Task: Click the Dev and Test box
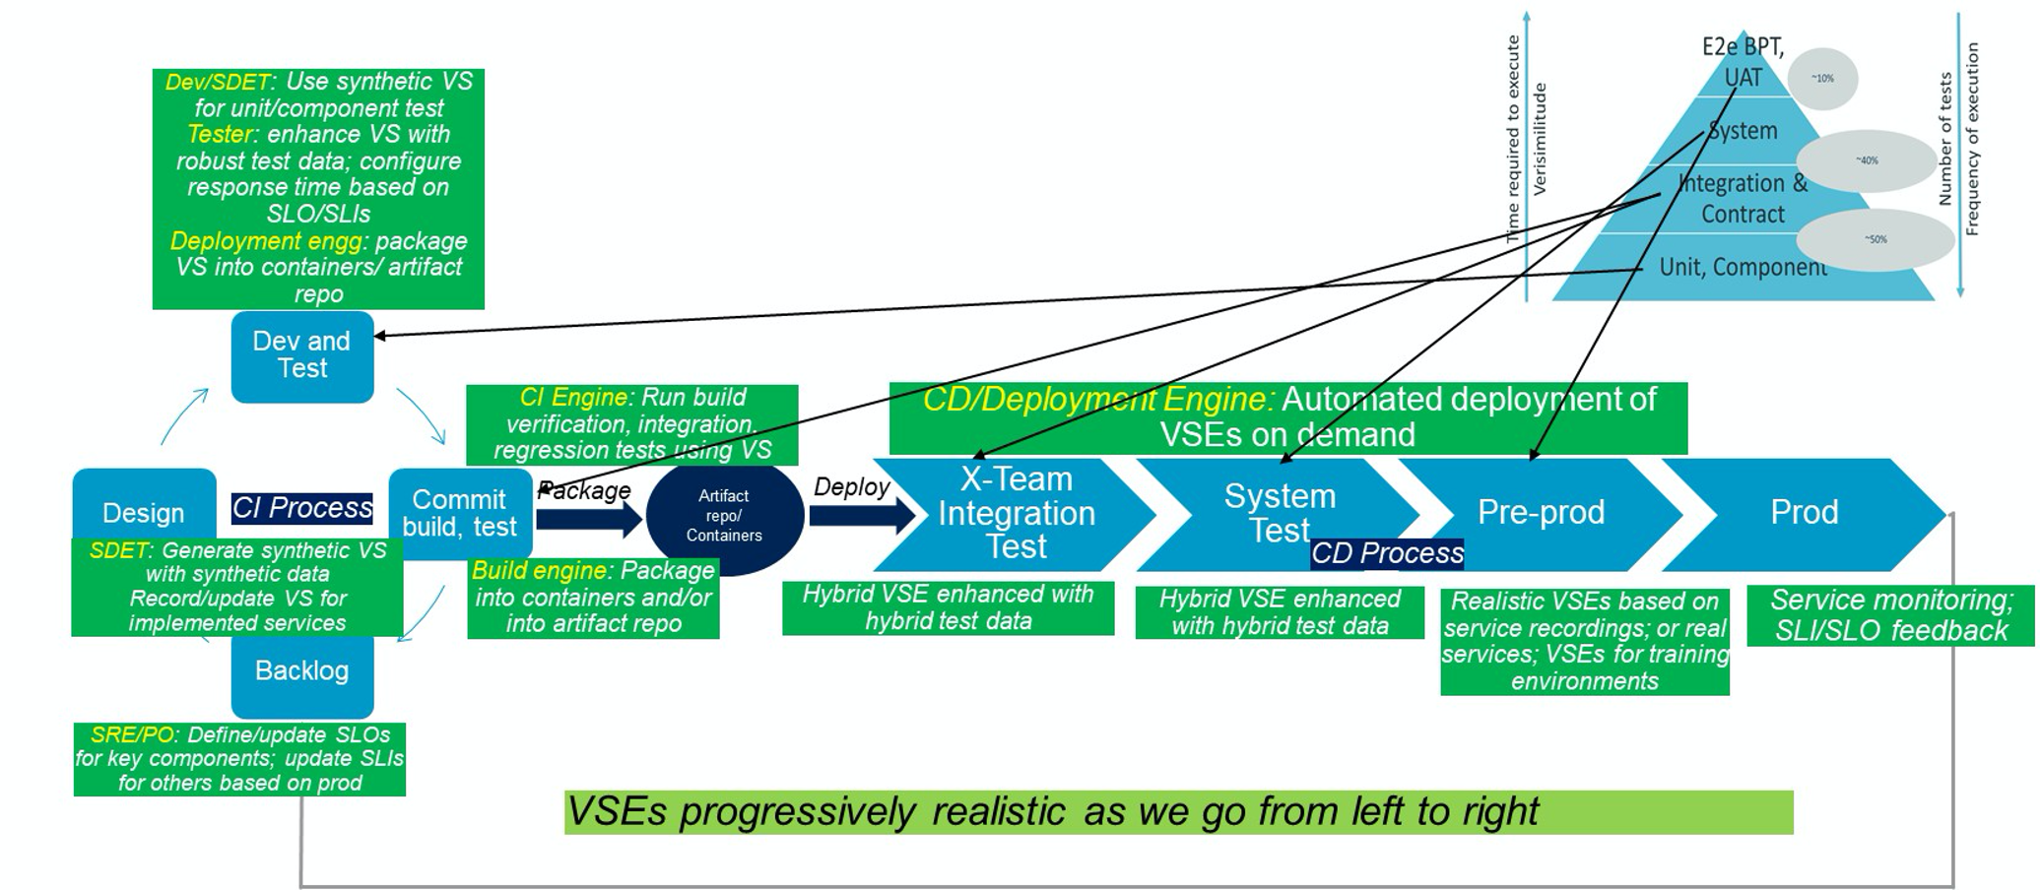point(301,355)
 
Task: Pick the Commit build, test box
point(459,513)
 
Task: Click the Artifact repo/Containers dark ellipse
point(724,516)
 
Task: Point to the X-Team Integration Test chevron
point(1016,513)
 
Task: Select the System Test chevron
point(1279,513)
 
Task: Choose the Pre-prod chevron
point(1541,512)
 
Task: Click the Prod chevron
point(1804,512)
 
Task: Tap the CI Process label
point(301,508)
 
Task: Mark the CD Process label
point(1387,553)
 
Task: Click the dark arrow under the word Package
point(589,518)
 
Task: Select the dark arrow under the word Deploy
point(861,515)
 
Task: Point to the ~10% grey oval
point(1823,79)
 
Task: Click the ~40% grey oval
point(1867,160)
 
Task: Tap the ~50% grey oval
point(1876,239)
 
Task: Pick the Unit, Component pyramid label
point(1742,267)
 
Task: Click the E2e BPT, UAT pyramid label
point(1743,62)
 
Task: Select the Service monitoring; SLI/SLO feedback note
point(1890,615)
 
